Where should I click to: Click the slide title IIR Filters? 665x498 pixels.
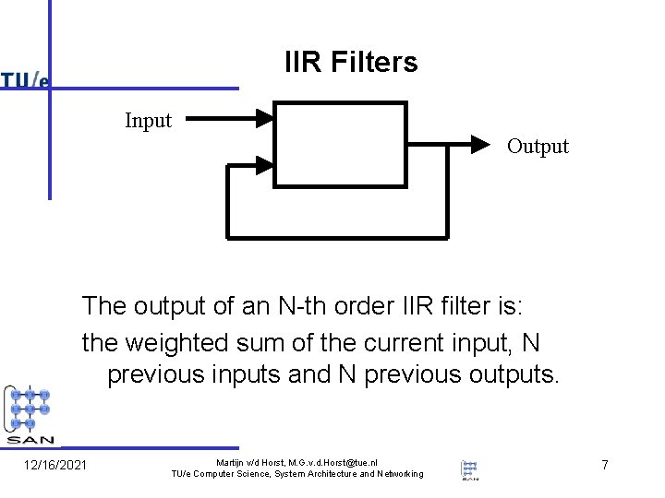351,63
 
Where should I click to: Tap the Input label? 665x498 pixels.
149,121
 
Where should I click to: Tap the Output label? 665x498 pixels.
538,147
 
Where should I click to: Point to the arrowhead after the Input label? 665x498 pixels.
265,117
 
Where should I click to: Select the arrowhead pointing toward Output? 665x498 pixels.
478,144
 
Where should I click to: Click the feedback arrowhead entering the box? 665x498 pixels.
264,166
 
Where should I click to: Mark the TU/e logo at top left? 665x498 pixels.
25,81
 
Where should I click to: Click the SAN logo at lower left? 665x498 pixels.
30,414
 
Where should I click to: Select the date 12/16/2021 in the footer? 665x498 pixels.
55,465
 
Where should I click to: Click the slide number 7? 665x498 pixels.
605,465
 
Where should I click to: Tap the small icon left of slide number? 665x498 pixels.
470,468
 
